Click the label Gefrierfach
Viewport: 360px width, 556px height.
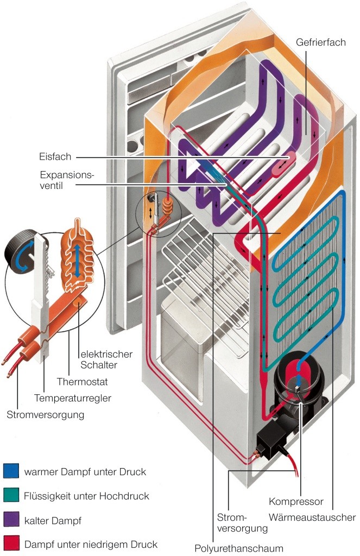coord(321,42)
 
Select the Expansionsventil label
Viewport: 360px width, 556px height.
coord(67,180)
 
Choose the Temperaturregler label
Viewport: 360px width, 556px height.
coord(73,398)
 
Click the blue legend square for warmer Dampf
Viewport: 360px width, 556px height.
coord(11,471)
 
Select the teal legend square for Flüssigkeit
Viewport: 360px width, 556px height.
coord(11,496)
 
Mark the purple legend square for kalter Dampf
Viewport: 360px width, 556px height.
coord(11,520)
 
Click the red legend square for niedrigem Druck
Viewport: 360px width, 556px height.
coord(11,544)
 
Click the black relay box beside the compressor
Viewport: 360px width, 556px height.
coord(272,435)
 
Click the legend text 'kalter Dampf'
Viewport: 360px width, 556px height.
coord(53,521)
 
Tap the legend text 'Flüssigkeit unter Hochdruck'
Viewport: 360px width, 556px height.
coord(86,496)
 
